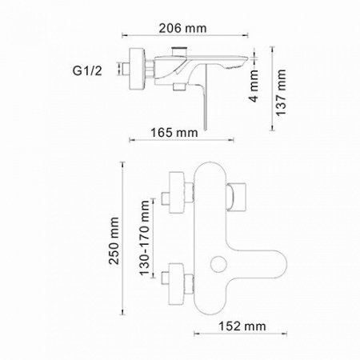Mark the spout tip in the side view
(x=254, y=66)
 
